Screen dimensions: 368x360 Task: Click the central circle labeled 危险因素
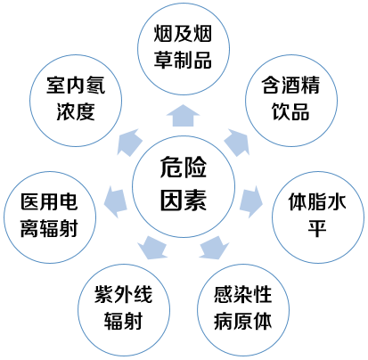pyautogui.click(x=184, y=186)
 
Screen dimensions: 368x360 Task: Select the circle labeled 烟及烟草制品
pyautogui.click(x=184, y=49)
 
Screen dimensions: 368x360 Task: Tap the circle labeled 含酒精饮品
pyautogui.click(x=291, y=101)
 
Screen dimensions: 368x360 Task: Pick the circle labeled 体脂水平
pyautogui.click(x=318, y=217)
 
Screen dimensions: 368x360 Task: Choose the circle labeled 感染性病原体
pyautogui.click(x=243, y=310)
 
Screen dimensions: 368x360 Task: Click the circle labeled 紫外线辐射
pyautogui.click(x=124, y=310)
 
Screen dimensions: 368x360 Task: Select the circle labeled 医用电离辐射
pyautogui.click(x=50, y=217)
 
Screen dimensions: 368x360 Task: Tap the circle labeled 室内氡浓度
pyautogui.click(x=76, y=101)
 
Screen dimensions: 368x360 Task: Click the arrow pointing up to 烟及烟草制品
pyautogui.click(x=183, y=116)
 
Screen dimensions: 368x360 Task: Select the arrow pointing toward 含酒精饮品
pyautogui.click(x=237, y=142)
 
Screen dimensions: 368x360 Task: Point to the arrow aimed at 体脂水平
pyautogui.click(x=251, y=201)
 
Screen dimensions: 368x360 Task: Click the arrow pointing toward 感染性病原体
pyautogui.click(x=214, y=248)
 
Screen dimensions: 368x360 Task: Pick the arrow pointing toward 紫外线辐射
pyautogui.click(x=152, y=248)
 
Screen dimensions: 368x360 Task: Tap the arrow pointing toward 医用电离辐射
pyautogui.click(x=116, y=201)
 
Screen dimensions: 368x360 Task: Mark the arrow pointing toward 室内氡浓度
pyautogui.click(x=130, y=142)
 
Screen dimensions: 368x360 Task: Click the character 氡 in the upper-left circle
pyautogui.click(x=95, y=86)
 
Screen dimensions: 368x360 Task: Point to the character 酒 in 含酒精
pyautogui.click(x=291, y=86)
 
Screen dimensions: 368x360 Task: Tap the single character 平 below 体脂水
pyautogui.click(x=317, y=229)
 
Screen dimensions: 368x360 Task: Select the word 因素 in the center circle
pyautogui.click(x=184, y=200)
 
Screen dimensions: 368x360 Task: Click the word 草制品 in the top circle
pyautogui.click(x=183, y=60)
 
